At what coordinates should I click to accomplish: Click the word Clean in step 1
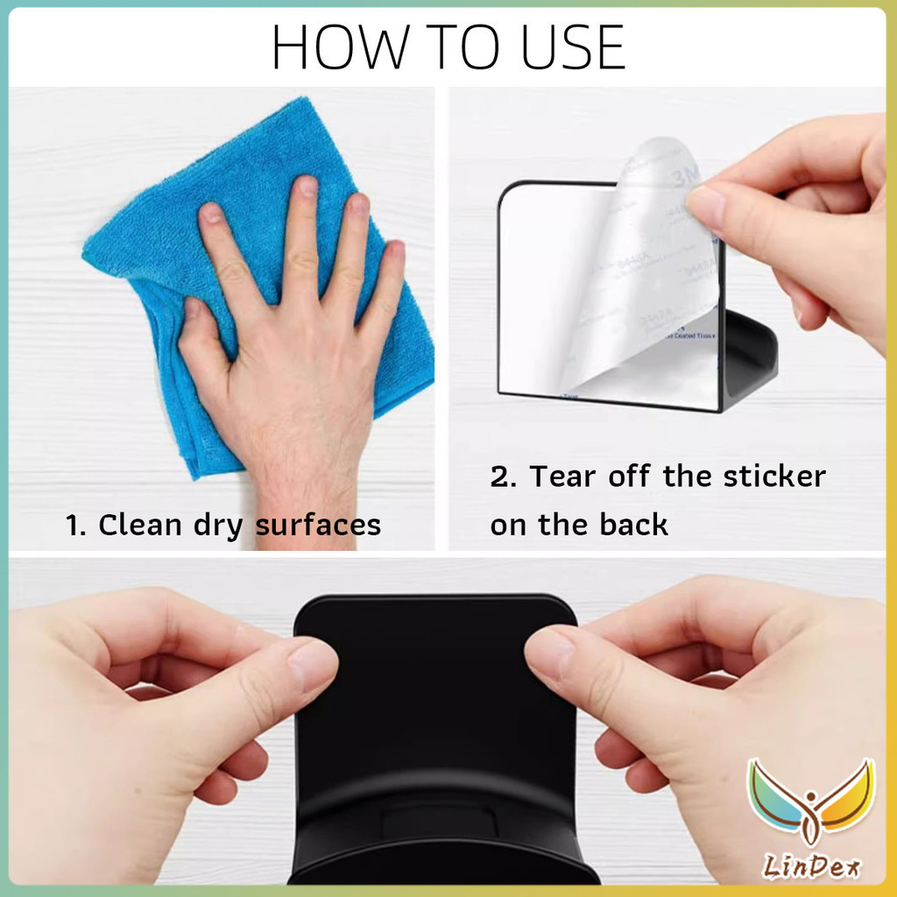pyautogui.click(x=144, y=526)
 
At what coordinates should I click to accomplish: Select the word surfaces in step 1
pyautogui.click(x=318, y=526)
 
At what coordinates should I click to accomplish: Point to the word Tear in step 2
pyautogui.click(x=562, y=477)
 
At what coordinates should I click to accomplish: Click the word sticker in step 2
pyautogui.click(x=774, y=477)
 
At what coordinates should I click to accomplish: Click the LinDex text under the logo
pyautogui.click(x=810, y=867)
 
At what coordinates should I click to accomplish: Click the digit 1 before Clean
pyautogui.click(x=74, y=526)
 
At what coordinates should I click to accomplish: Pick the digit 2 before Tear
pyautogui.click(x=499, y=477)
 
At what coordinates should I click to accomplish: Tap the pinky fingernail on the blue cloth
pyautogui.click(x=396, y=251)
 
